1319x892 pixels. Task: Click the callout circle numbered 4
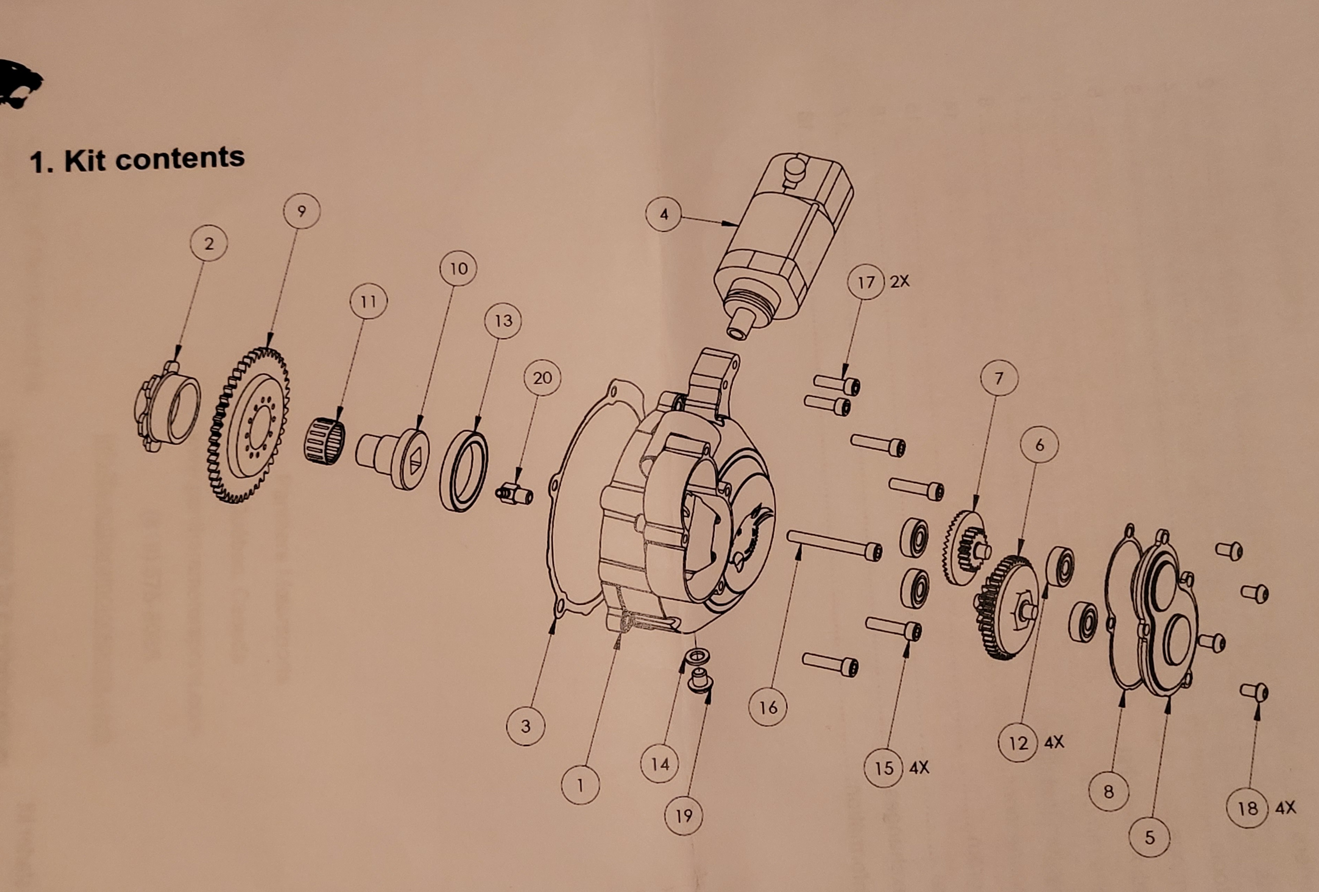(664, 214)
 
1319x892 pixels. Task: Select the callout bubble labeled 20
(542, 378)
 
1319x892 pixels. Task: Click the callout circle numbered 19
(683, 815)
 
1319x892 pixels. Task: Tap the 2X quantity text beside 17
(900, 281)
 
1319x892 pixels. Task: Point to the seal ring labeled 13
(464, 471)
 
